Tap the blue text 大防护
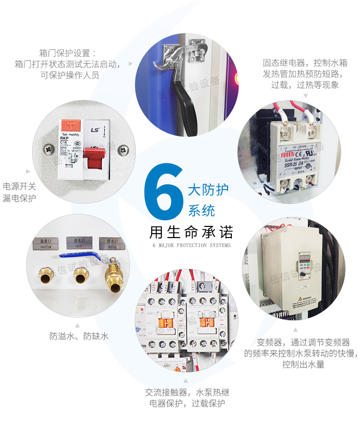[x=208, y=189]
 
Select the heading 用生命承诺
[x=191, y=232]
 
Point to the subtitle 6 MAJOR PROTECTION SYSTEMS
[x=191, y=246]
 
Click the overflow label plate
[x=49, y=242]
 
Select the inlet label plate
[x=79, y=242]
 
